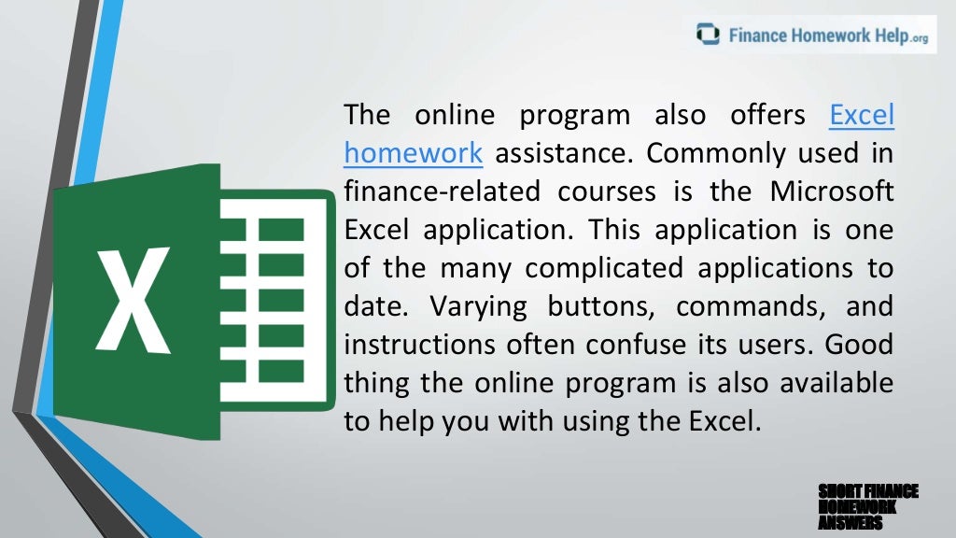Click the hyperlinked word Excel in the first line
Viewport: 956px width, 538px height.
(862, 116)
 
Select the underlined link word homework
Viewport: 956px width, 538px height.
(413, 153)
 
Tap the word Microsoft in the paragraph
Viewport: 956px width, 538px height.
(832, 191)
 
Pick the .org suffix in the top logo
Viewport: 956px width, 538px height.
(919, 38)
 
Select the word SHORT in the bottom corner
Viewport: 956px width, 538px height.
(836, 491)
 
